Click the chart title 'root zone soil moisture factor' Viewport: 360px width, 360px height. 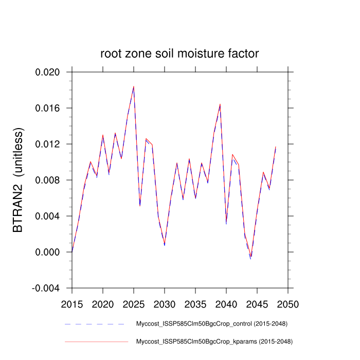click(179, 53)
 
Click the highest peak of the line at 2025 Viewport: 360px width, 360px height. click(134, 86)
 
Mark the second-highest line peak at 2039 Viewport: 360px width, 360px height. click(220, 104)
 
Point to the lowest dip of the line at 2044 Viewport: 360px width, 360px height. click(251, 257)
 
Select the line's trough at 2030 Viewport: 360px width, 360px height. click(165, 244)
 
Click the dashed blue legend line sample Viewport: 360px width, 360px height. click(95, 324)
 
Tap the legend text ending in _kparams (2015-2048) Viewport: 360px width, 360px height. click(213, 341)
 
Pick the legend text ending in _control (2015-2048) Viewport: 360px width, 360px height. click(211, 324)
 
